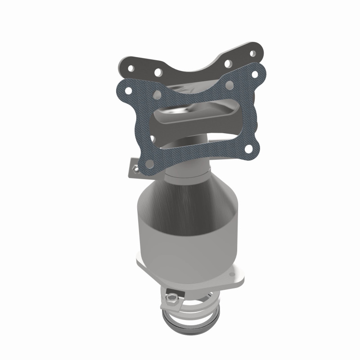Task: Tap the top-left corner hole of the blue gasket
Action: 128,90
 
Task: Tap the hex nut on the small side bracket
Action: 136,169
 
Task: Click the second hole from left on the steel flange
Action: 158,71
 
